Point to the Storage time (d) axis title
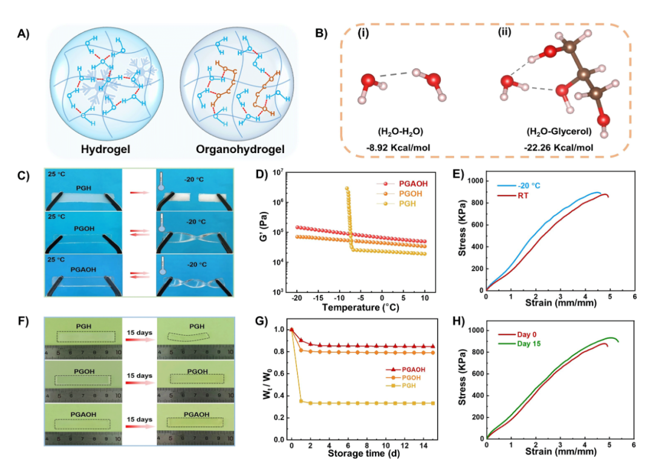tap(362, 453)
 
